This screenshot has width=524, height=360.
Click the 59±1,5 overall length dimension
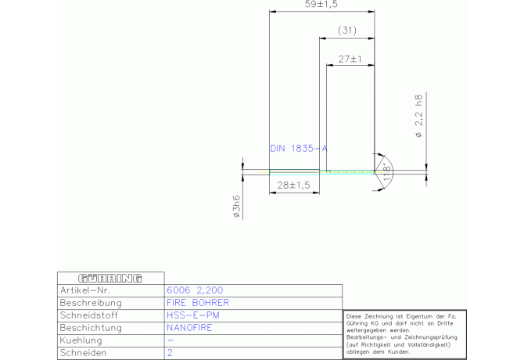[x=321, y=5]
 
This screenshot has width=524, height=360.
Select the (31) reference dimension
[x=347, y=31]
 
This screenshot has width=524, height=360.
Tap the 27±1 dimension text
[x=350, y=59]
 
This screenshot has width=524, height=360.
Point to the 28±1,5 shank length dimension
[x=294, y=185]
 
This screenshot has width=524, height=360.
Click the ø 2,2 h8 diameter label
[x=418, y=116]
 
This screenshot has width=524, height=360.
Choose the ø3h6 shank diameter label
[x=236, y=207]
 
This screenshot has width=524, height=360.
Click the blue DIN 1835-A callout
[x=299, y=148]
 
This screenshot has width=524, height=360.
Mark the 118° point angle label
[x=386, y=172]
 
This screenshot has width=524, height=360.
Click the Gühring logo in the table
[x=110, y=278]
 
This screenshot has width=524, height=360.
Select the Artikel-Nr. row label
[x=85, y=290]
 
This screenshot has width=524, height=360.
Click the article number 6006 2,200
[x=195, y=290]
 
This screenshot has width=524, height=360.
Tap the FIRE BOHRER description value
[x=198, y=303]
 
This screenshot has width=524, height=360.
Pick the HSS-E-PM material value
[x=193, y=315]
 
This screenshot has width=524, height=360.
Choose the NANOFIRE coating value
[x=189, y=328]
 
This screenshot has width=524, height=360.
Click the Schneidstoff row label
[x=88, y=315]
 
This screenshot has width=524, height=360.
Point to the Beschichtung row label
[x=91, y=328]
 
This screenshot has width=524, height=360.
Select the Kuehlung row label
[x=81, y=340]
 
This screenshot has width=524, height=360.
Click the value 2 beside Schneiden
[x=170, y=353]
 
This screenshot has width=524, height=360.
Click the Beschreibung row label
[x=91, y=303]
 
